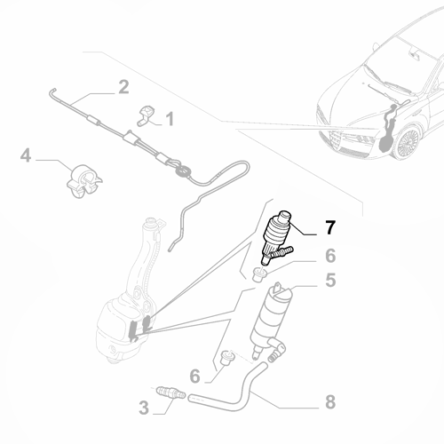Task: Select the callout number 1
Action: coord(169,116)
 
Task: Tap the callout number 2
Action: coord(123,87)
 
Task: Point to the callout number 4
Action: coord(27,156)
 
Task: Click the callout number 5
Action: coord(329,281)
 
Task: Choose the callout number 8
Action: coord(329,401)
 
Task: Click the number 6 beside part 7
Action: coord(329,257)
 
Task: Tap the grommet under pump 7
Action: coord(261,272)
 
